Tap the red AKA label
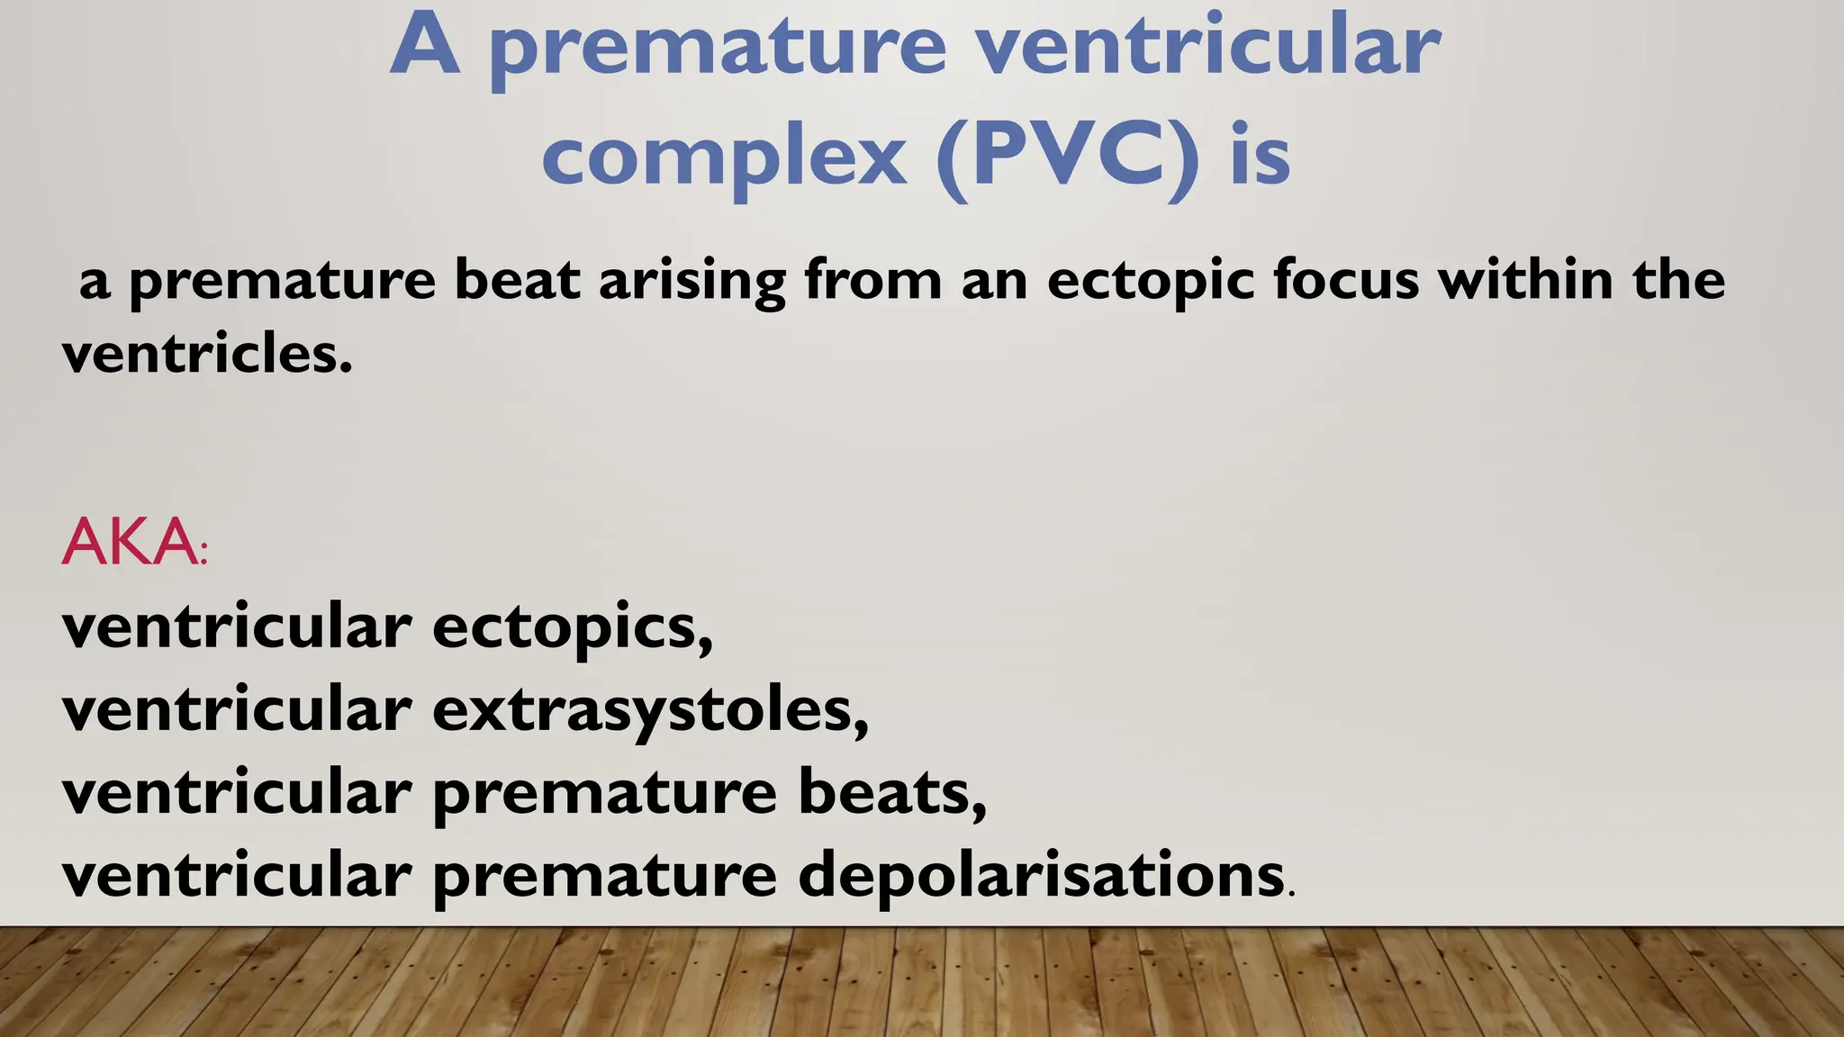tap(130, 542)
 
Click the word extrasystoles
tap(649, 709)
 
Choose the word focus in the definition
tap(1345, 279)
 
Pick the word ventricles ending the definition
tap(206, 354)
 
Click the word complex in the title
tap(724, 158)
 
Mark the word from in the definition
tap(872, 279)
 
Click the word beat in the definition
tap(516, 279)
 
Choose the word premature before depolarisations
tap(604, 877)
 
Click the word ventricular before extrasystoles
tap(237, 709)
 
